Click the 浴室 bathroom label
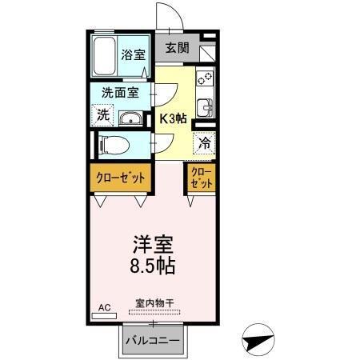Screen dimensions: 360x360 point(134,54)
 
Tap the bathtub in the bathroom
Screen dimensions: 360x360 point(103,54)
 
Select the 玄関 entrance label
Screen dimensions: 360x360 point(178,48)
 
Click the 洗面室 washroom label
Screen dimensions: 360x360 point(119,92)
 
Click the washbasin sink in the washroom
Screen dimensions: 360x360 point(130,119)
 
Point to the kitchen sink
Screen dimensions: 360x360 point(207,107)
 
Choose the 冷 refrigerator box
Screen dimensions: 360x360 point(205,143)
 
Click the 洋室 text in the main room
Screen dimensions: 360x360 point(153,242)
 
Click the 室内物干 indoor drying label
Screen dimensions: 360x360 point(154,302)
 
